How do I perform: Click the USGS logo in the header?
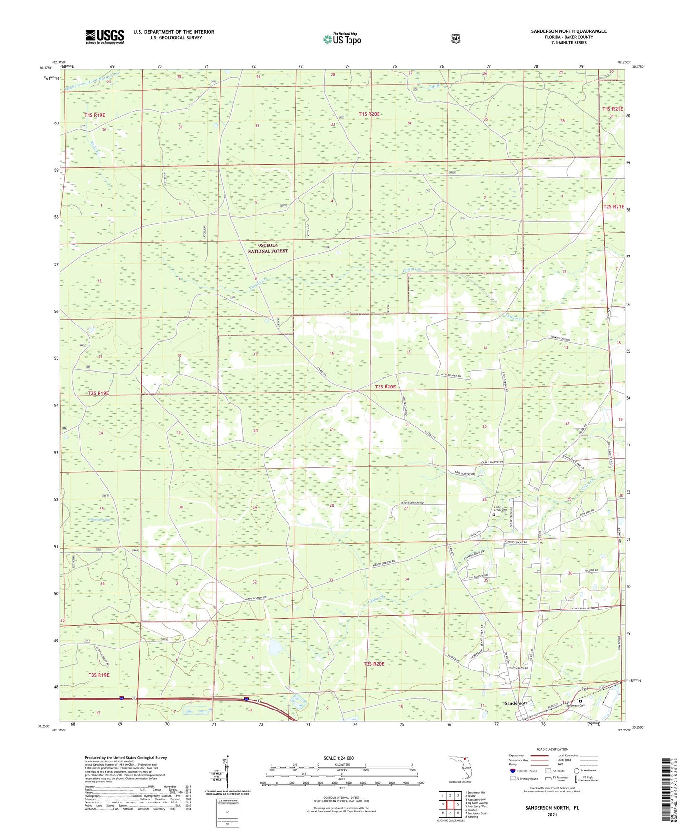pyautogui.click(x=105, y=37)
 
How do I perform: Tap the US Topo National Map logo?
pyautogui.click(x=342, y=39)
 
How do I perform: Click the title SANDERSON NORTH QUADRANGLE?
pyautogui.click(x=568, y=31)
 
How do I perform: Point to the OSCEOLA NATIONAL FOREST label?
pyautogui.click(x=268, y=248)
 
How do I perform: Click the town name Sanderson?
pyautogui.click(x=516, y=703)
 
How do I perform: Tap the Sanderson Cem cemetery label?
pyautogui.click(x=588, y=705)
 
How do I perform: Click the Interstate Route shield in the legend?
pyautogui.click(x=512, y=771)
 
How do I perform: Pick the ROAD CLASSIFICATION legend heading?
pyautogui.click(x=552, y=749)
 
